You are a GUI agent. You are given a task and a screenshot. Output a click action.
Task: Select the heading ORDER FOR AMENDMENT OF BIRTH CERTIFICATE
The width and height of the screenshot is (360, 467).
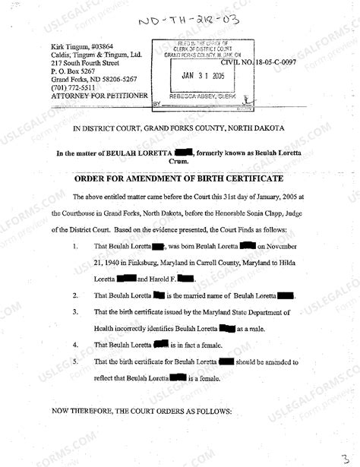click(x=179, y=178)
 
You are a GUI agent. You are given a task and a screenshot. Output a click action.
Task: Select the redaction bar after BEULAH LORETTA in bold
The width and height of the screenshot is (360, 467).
click(x=182, y=153)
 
